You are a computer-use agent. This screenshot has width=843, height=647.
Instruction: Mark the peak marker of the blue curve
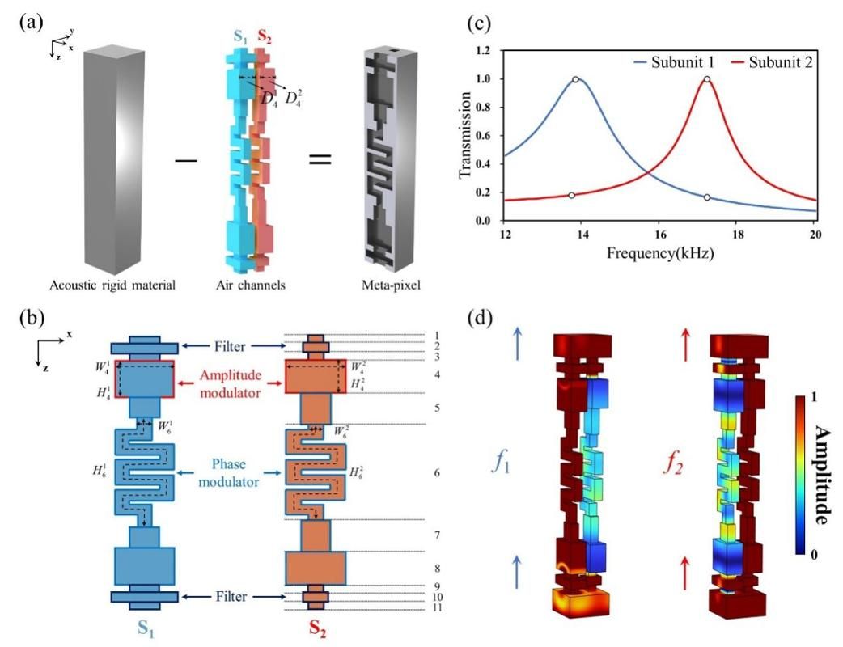pyautogui.click(x=575, y=79)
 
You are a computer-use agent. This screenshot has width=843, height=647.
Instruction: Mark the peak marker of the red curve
pyautogui.click(x=707, y=79)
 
